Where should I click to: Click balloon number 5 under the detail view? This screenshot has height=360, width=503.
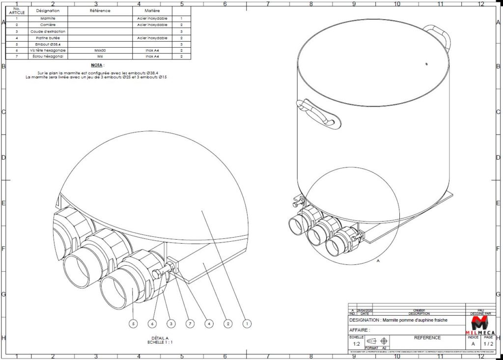(x=132, y=323)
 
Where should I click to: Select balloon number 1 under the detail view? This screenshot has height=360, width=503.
(x=247, y=323)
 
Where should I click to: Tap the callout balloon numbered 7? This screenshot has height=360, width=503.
(x=190, y=323)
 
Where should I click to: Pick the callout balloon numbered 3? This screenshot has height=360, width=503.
(x=170, y=323)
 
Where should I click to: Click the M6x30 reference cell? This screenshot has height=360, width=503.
(x=96, y=50)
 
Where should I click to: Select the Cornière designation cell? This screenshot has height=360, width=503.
(x=48, y=25)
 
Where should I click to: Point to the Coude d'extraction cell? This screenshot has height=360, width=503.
(x=48, y=31)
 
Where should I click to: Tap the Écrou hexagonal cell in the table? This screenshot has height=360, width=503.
(x=48, y=56)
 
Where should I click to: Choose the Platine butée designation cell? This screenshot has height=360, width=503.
(x=48, y=37)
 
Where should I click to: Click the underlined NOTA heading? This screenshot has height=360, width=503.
(x=98, y=65)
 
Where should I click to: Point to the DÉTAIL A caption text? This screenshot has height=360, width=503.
(x=161, y=338)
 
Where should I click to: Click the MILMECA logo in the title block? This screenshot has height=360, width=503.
(x=479, y=326)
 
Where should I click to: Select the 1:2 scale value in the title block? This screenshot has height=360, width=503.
(x=356, y=344)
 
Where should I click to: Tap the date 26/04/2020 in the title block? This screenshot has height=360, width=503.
(x=364, y=311)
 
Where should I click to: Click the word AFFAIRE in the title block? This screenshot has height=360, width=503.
(x=359, y=330)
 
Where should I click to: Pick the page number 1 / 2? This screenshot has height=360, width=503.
(x=488, y=344)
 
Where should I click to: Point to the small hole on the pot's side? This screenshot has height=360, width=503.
(x=426, y=63)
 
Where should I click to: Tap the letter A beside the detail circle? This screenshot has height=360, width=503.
(x=378, y=261)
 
